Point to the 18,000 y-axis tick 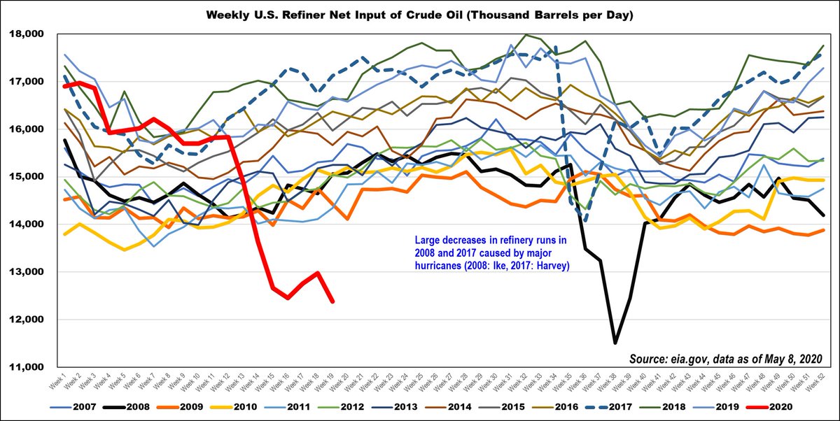coord(25,34)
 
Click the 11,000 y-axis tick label coord(25,367)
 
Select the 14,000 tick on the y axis coord(25,224)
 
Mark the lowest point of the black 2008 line coord(615,343)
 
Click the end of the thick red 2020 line coord(332,301)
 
